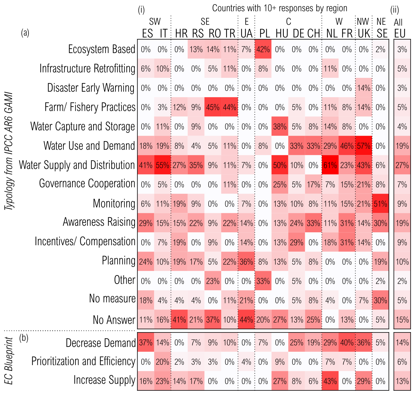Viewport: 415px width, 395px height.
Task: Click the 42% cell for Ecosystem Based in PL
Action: click(x=263, y=49)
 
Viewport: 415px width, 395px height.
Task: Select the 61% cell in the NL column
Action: click(x=330, y=165)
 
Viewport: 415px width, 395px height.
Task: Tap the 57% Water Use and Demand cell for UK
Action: click(x=364, y=146)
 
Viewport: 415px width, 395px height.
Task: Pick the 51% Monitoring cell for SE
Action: click(x=380, y=204)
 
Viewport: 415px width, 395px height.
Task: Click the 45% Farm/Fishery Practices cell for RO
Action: click(x=213, y=107)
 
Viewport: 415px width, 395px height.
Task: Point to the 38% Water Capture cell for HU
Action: click(x=280, y=127)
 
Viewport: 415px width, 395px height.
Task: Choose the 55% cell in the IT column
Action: click(x=163, y=165)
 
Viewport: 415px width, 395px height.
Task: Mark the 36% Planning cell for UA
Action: click(x=246, y=262)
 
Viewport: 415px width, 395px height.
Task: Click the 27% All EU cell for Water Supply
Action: click(x=402, y=165)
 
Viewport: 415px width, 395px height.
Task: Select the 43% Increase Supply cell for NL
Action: click(x=330, y=381)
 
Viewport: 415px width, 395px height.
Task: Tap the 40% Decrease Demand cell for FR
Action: click(x=347, y=342)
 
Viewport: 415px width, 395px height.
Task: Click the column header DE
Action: click(x=297, y=34)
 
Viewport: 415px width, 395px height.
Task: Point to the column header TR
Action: click(x=230, y=34)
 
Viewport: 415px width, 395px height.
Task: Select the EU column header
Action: click(x=400, y=34)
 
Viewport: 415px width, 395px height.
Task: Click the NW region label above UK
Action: click(x=363, y=22)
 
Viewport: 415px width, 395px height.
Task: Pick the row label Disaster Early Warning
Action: click(x=91, y=88)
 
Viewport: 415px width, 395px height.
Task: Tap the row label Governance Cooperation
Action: click(x=87, y=184)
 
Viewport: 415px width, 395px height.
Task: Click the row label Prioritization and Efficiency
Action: click(x=83, y=362)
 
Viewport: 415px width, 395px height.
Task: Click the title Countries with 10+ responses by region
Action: click(x=279, y=8)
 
